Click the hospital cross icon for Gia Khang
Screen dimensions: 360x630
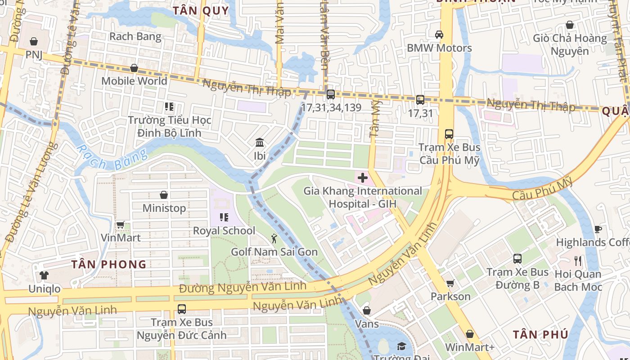click(363, 178)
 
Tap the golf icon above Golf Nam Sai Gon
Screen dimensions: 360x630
click(274, 238)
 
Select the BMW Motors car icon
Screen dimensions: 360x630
click(439, 35)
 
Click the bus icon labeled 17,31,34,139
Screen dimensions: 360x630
click(331, 94)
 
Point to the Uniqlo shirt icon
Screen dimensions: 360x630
click(44, 275)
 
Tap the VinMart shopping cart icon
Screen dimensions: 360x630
click(120, 225)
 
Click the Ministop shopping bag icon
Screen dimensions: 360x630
click(164, 195)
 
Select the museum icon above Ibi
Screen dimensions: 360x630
click(260, 143)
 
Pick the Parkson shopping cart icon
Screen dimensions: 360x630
click(450, 283)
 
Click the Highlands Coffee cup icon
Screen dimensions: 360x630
click(598, 229)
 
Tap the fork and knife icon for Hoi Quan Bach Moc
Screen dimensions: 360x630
click(578, 261)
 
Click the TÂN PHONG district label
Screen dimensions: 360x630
click(109, 264)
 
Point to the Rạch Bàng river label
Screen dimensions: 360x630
click(112, 157)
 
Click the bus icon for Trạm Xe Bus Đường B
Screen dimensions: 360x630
click(517, 259)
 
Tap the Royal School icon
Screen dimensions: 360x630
click(224, 217)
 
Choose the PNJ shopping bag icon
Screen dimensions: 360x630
click(34, 41)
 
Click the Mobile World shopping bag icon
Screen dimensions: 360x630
click(134, 68)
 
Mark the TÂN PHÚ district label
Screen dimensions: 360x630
click(540, 334)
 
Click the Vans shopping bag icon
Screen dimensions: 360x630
click(367, 310)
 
